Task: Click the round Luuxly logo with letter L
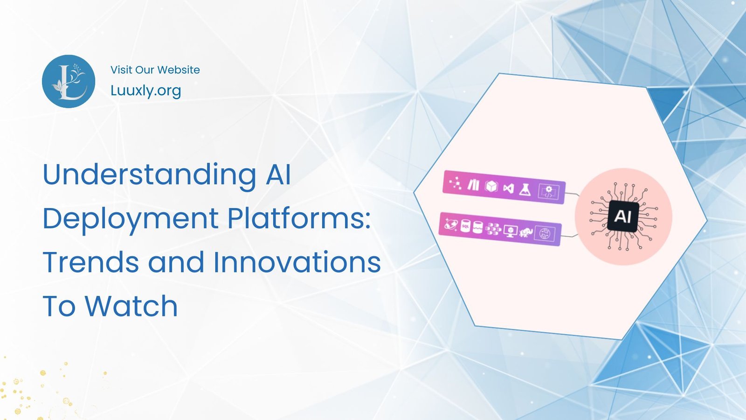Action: pyautogui.click(x=69, y=82)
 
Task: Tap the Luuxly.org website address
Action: pyautogui.click(x=145, y=90)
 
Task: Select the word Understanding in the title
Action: pyautogui.click(x=149, y=175)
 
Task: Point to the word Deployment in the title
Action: pyautogui.click(x=131, y=218)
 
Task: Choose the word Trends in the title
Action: pyautogui.click(x=91, y=262)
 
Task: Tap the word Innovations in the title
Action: pyautogui.click(x=297, y=262)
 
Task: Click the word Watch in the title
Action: pyautogui.click(x=131, y=306)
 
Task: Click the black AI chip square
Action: pyautogui.click(x=623, y=217)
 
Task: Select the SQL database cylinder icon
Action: pyautogui.click(x=465, y=226)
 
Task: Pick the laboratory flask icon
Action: pyautogui.click(x=525, y=189)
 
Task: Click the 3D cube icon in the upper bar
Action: pyautogui.click(x=491, y=186)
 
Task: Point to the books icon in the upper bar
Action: pyautogui.click(x=473, y=185)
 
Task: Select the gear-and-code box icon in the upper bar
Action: pyautogui.click(x=548, y=191)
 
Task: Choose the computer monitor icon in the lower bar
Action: pyautogui.click(x=511, y=231)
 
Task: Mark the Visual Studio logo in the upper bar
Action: pyautogui.click(x=508, y=188)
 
